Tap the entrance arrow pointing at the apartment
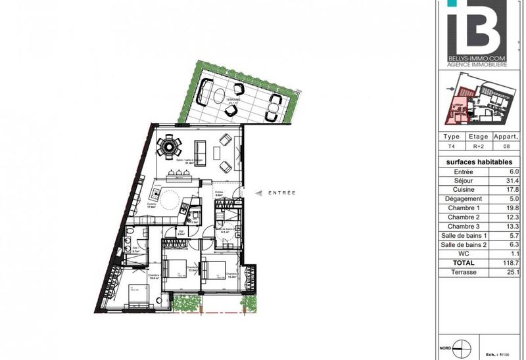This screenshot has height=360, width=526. tap(258, 192)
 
